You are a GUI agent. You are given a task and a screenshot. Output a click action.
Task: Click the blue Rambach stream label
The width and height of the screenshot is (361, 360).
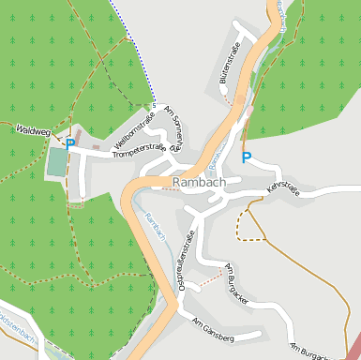(x=154, y=226)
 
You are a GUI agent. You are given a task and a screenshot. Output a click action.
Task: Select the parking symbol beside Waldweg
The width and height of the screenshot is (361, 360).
(x=70, y=144)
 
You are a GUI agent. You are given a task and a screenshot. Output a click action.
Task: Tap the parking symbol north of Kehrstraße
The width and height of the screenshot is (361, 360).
(x=247, y=157)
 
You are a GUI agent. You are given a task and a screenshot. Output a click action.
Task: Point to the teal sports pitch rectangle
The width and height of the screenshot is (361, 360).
(x=58, y=163)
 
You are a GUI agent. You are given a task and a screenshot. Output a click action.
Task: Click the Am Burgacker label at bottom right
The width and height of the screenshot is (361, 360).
(x=312, y=351)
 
